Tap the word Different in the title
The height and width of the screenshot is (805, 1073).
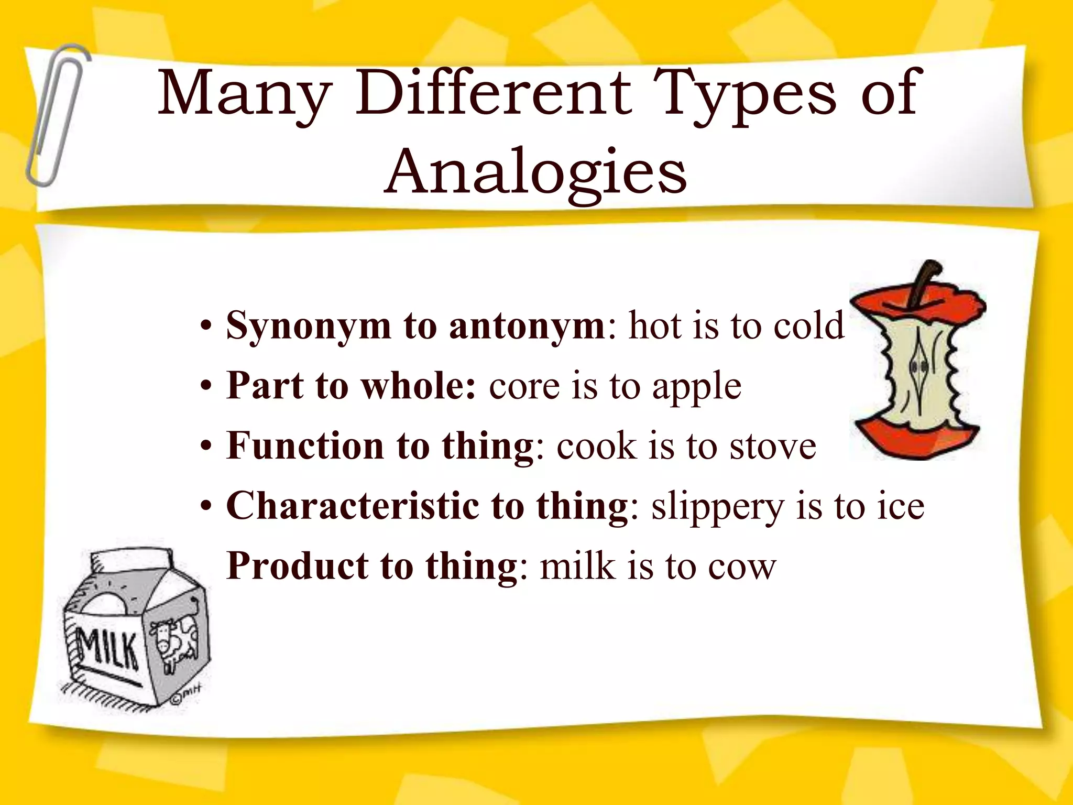coord(494,94)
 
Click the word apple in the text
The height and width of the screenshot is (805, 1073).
coord(696,387)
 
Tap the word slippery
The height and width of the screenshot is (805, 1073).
coord(717,507)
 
